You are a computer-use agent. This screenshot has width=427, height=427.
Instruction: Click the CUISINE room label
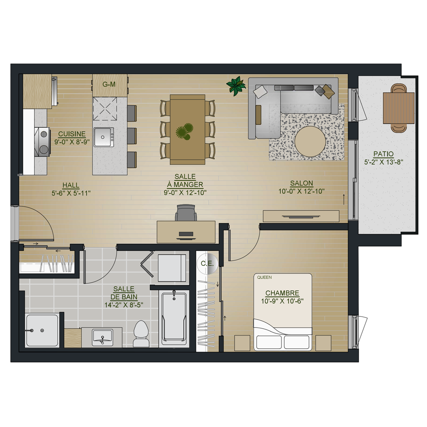click(72, 134)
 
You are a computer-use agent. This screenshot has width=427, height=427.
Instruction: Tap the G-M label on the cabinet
click(109, 84)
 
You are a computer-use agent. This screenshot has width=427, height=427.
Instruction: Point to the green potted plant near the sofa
click(236, 86)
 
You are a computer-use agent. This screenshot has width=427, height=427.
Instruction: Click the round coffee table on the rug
click(310, 141)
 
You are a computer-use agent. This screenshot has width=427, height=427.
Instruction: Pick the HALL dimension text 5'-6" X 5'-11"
click(71, 193)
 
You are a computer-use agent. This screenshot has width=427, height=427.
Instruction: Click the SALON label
click(302, 183)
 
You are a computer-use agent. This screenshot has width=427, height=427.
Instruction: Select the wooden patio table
click(399, 108)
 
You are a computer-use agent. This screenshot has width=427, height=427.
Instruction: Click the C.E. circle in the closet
click(207, 263)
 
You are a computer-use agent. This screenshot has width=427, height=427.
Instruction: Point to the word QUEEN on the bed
click(264, 277)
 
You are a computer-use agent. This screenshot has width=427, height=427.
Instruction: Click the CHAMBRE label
click(282, 293)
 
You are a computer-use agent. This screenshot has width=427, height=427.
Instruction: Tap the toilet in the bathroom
click(141, 334)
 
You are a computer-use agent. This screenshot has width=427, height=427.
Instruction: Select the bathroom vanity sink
click(102, 337)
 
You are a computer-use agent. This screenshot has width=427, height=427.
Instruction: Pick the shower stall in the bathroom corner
click(42, 330)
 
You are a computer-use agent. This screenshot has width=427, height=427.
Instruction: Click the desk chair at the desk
click(186, 212)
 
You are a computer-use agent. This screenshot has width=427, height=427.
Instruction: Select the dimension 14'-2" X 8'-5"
click(124, 305)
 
